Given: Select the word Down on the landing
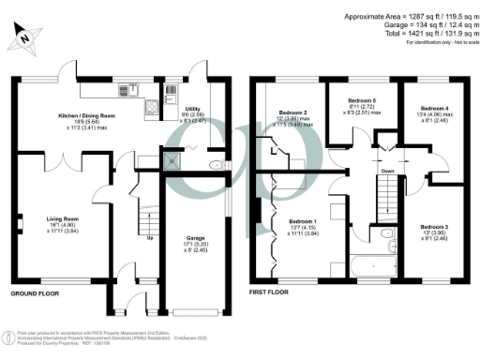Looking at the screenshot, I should [x=386, y=172].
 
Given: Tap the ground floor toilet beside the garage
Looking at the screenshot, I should [x=215, y=166].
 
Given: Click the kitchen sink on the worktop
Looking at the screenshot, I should [x=125, y=92].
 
